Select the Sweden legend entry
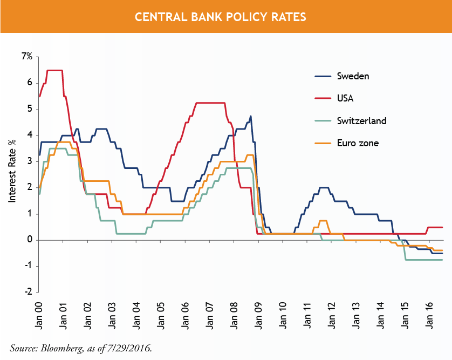point(353,76)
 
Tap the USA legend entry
point(345,98)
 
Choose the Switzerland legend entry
point(361,121)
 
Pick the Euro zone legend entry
point(358,143)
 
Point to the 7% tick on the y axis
point(27,57)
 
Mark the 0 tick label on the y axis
point(30,240)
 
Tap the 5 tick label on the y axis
point(30,109)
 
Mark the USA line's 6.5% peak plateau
point(55,70)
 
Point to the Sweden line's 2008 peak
point(250,116)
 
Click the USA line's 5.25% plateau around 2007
point(210,103)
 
